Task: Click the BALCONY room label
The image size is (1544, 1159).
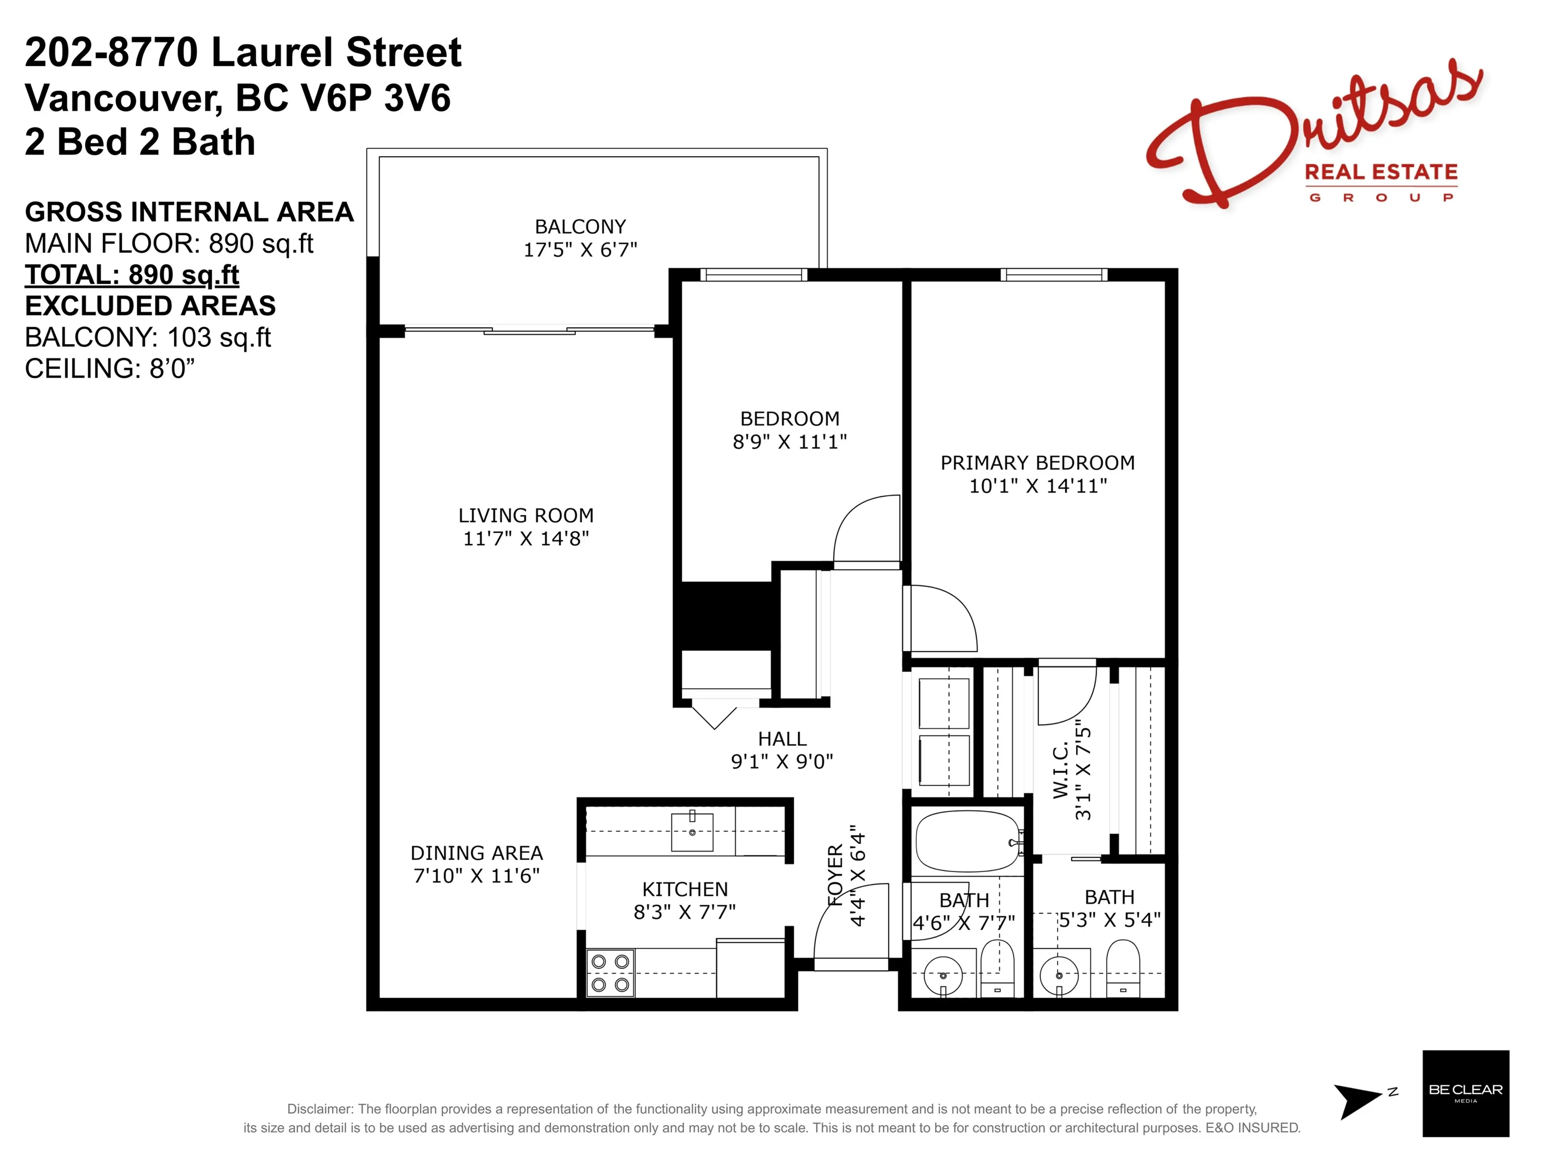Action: tap(580, 227)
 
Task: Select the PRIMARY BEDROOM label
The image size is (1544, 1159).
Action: tap(1037, 463)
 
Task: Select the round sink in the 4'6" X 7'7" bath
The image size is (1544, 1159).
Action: tap(943, 975)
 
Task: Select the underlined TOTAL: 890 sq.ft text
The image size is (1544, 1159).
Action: tap(132, 274)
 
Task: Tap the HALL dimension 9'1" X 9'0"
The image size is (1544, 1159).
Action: tap(782, 762)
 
